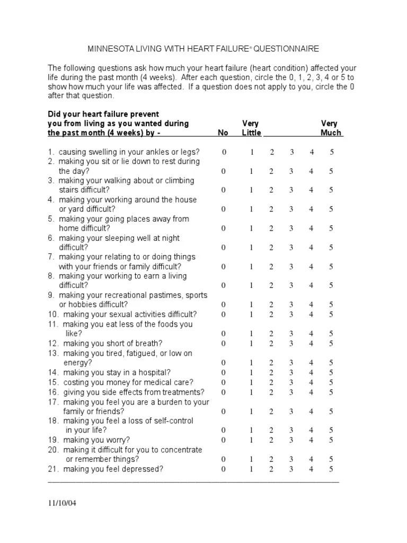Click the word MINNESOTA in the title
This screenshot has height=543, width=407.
click(109, 49)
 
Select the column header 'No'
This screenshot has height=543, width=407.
click(223, 133)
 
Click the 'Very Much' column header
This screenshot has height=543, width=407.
click(331, 128)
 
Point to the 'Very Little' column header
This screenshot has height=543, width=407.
click(251, 128)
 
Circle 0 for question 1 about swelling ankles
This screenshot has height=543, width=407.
click(224, 152)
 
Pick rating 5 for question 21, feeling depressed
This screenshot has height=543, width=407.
click(331, 469)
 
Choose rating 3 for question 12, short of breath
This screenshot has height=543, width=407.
click(291, 344)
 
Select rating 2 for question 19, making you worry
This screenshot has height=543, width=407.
click(271, 440)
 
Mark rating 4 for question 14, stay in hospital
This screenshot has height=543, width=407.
click(312, 373)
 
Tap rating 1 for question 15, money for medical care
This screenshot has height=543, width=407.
click(252, 382)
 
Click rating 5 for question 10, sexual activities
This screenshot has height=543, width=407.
click(331, 314)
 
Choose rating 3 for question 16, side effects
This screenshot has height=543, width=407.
click(291, 392)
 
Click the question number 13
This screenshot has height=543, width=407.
click(53, 353)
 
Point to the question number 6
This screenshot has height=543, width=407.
click(51, 238)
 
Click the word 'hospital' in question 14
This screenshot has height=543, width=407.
click(156, 373)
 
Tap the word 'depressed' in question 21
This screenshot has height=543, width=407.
click(144, 469)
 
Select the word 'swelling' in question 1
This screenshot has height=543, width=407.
click(101, 152)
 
